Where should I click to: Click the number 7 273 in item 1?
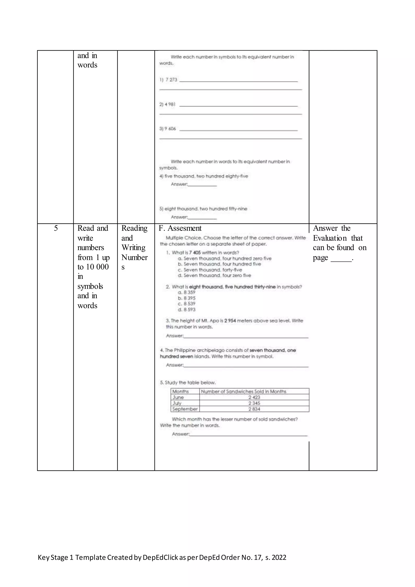pos(171,80)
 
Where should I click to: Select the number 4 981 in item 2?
pos(170,104)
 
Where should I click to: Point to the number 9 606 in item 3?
pos(170,129)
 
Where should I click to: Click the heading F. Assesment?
pos(180,228)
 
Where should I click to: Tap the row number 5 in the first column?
pos(56,228)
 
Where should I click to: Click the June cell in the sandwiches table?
pos(178,397)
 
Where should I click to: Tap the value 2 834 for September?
pos(254,409)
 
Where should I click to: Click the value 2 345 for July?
pos(254,403)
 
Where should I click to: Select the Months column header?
pos(180,391)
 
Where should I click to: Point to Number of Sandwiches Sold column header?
pos(243,391)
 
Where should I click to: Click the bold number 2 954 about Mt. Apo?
pos(230,321)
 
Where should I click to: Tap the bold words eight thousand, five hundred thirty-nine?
pos(232,287)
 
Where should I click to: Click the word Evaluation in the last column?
pos(330,238)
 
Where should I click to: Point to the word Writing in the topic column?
pos(133,247)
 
